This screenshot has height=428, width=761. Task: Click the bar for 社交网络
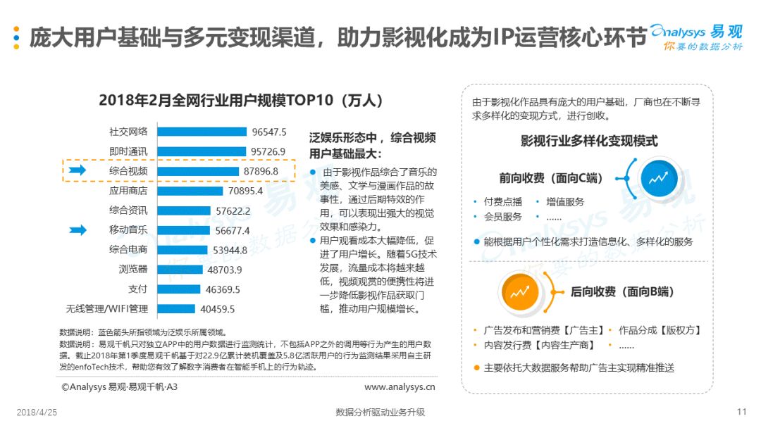pos(202,132)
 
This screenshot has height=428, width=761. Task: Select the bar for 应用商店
pos(190,191)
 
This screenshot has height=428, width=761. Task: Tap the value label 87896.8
pos(261,171)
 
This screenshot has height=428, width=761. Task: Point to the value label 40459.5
pos(218,309)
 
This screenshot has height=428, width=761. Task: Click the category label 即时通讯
pos(128,152)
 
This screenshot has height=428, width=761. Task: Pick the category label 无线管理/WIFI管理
pos(107,309)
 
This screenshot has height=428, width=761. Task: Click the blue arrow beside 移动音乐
pos(78,229)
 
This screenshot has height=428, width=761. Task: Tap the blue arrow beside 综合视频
pos(78,170)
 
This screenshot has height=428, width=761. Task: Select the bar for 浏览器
pos(180,270)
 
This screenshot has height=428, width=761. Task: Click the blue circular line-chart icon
pos(659,179)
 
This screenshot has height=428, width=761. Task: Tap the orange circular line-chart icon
pos(520,292)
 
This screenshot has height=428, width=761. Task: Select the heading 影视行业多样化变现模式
pos(589,141)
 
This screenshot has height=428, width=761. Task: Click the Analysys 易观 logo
pos(697,37)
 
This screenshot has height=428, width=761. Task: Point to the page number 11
pos(741,412)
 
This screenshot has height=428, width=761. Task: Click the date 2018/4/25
pos(37,413)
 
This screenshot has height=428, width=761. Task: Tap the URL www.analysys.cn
pos(400,386)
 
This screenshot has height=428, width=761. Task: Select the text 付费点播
pos(503,202)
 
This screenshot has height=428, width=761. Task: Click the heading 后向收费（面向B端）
pos(622,292)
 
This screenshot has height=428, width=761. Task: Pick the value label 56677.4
pos(233,231)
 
